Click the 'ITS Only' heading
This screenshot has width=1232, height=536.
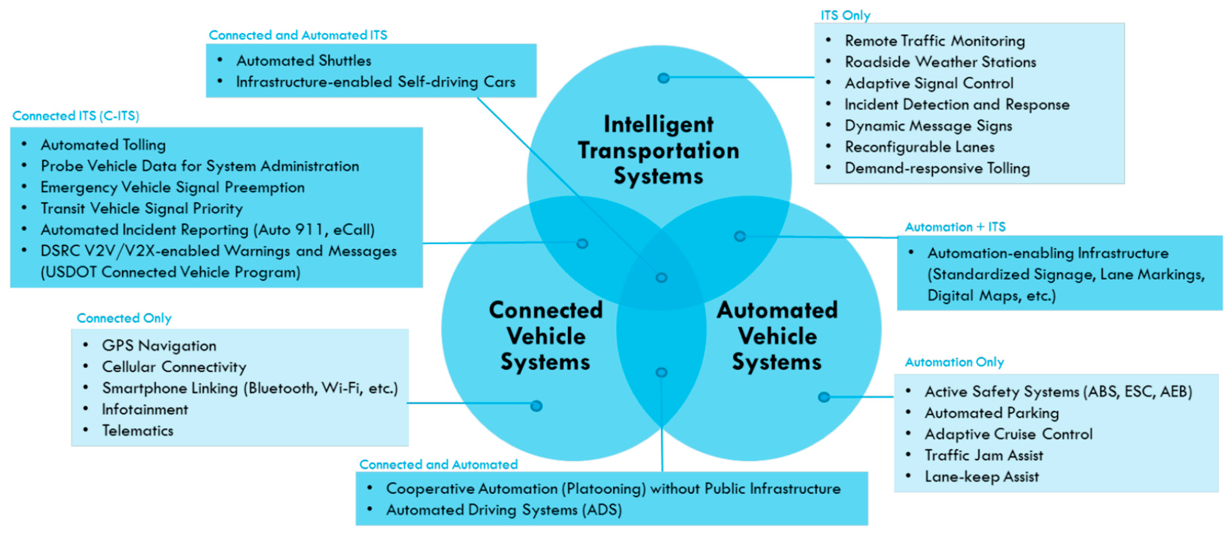coord(845,15)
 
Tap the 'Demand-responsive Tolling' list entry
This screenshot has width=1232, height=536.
coord(937,168)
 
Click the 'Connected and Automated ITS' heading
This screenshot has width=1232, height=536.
coord(298,35)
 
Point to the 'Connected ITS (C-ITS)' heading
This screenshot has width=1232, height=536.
coord(76,116)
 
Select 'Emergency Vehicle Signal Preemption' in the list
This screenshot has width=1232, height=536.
coord(172,187)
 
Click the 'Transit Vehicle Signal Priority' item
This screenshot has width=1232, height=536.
coord(141,209)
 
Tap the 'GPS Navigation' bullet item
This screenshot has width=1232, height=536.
coord(159,346)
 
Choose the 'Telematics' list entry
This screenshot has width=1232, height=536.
coord(137,431)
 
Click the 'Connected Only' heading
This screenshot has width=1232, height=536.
coord(124,319)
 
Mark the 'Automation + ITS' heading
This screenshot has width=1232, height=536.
coord(955,227)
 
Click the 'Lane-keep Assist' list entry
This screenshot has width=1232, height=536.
coord(982,477)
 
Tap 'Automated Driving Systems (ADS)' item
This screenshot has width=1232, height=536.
coord(504,510)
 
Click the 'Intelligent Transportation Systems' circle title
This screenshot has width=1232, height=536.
coord(659,150)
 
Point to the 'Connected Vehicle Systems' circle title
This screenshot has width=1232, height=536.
coord(546,336)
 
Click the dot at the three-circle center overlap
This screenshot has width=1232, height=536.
coord(661,278)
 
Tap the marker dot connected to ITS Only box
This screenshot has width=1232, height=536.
coord(663,78)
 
